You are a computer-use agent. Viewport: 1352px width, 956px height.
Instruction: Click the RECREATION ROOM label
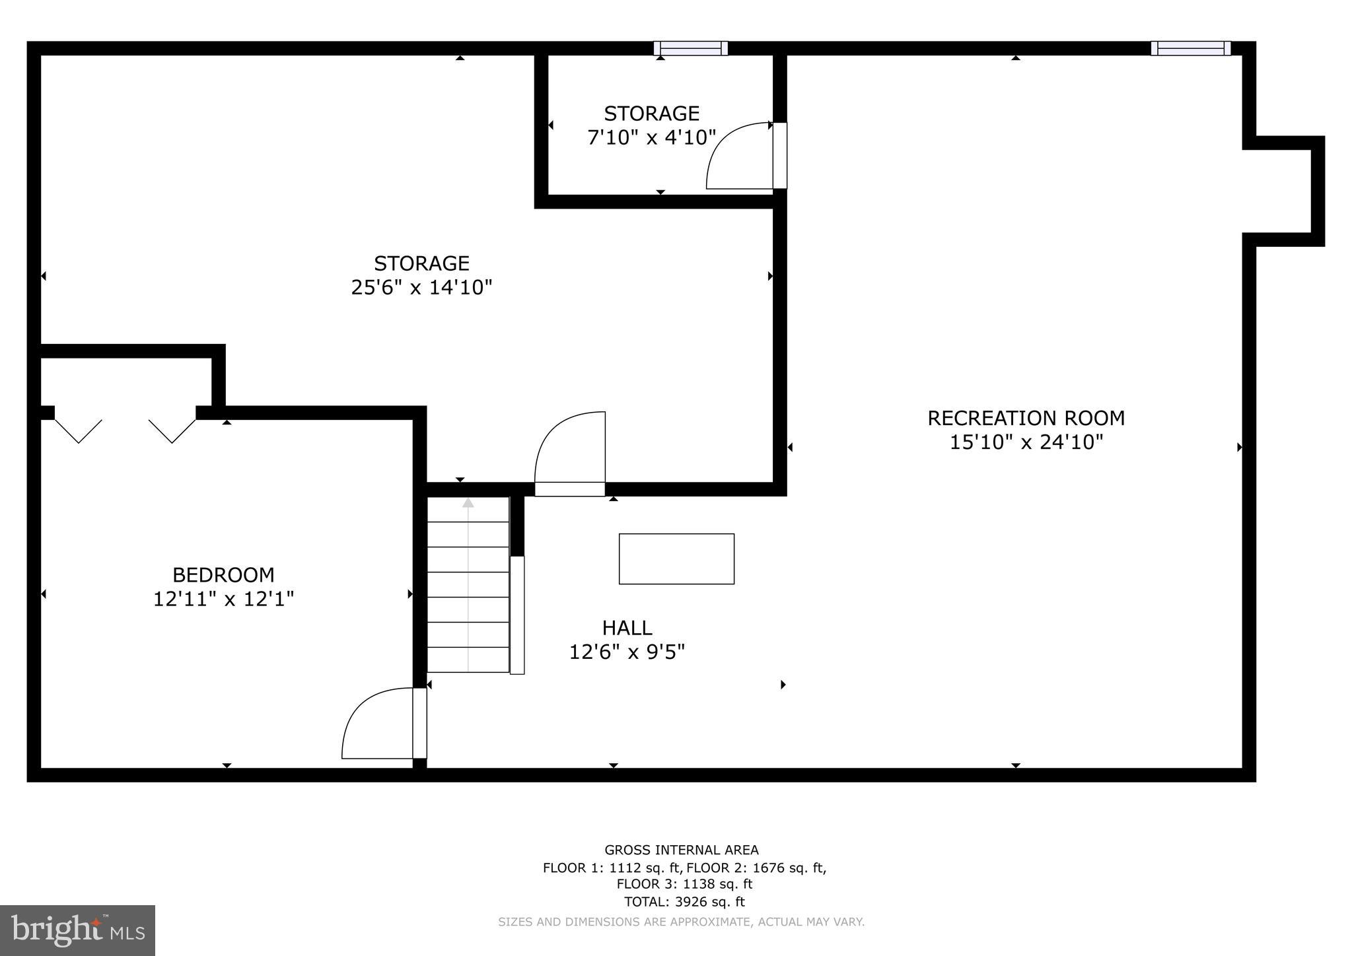coord(1026,418)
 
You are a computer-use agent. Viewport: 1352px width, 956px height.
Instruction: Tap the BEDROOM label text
coord(223,574)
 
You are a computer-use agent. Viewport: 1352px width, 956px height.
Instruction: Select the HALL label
coord(627,627)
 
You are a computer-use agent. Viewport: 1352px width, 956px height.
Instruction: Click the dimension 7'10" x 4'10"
coord(651,138)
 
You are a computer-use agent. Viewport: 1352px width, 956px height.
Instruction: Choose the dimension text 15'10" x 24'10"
coord(1026,442)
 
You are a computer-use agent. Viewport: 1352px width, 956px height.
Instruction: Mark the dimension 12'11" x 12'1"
coord(223,599)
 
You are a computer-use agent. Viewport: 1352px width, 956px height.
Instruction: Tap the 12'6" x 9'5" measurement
coord(627,652)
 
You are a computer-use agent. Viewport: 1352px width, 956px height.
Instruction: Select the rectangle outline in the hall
coord(676,559)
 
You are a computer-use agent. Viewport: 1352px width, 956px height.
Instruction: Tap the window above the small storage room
coord(690,48)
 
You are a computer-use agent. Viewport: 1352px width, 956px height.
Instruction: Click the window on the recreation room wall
coord(1190,48)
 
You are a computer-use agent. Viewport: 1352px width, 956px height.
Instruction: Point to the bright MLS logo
coord(77,930)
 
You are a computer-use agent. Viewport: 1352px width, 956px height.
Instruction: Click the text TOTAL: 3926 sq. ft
coord(684,901)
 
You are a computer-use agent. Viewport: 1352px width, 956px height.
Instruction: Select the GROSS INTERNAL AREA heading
coord(682,850)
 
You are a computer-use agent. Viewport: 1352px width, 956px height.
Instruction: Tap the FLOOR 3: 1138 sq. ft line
coord(684,884)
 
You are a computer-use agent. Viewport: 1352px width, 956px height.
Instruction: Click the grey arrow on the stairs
coord(468,504)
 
